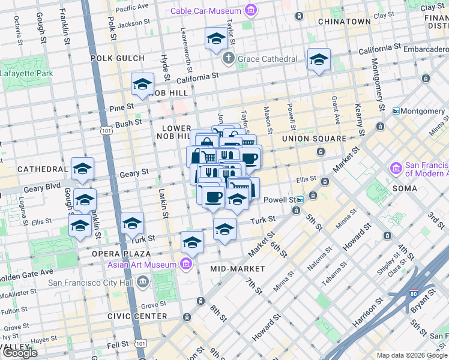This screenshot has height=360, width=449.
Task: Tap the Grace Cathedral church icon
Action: pyautogui.click(x=228, y=59)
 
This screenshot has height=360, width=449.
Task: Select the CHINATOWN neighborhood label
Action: pyautogui.click(x=345, y=22)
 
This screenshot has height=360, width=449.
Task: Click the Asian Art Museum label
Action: pyautogui.click(x=142, y=265)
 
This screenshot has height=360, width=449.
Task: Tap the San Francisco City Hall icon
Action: pyautogui.click(x=143, y=281)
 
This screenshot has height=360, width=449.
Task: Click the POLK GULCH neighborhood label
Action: pyautogui.click(x=118, y=58)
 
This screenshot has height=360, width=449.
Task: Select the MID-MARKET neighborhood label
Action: pyautogui.click(x=234, y=269)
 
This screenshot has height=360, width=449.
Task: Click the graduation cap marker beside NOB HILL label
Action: pyautogui.click(x=143, y=85)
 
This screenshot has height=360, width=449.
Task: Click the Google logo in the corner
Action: pyautogui.click(x=20, y=353)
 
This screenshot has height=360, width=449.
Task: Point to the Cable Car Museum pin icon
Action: pyautogui.click(x=250, y=10)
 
